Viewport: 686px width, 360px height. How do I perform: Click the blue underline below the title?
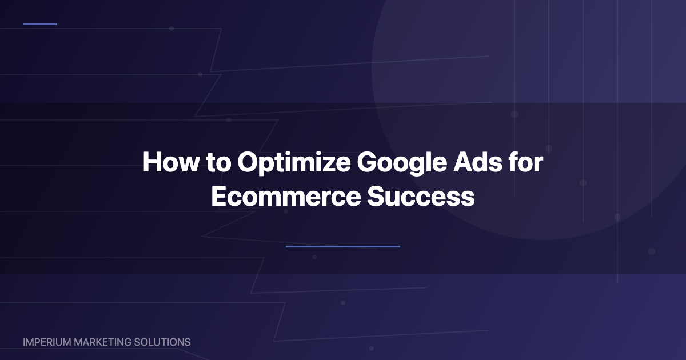pyautogui.click(x=343, y=247)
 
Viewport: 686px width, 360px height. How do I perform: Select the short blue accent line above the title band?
pyautogui.click(x=40, y=24)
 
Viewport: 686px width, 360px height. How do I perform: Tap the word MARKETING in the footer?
pyautogui.click(x=101, y=342)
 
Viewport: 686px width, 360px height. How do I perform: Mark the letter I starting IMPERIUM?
pyautogui.click(x=25, y=342)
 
